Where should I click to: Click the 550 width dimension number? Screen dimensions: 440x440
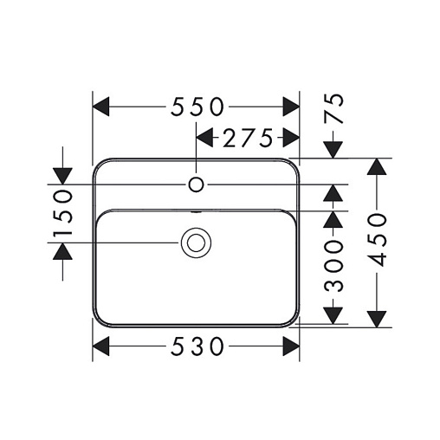click(197, 107)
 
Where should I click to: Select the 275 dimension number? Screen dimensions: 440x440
click(248, 138)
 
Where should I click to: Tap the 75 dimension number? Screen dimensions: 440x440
click(333, 108)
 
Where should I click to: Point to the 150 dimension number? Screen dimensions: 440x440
click(62, 212)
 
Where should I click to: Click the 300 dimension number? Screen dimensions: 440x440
click(333, 266)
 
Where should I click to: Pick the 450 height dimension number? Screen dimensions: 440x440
click(377, 240)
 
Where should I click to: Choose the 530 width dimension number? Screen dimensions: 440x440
click(197, 346)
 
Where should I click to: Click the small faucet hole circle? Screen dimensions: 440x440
click(197, 184)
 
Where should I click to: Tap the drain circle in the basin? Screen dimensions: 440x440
click(196, 243)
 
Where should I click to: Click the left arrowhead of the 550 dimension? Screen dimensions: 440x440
click(100, 107)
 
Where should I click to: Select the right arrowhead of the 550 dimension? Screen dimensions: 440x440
click(291, 107)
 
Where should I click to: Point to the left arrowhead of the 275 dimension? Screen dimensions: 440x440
click(204, 138)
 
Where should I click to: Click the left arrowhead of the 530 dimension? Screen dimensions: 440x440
click(100, 346)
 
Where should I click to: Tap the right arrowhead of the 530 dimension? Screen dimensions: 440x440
click(291, 346)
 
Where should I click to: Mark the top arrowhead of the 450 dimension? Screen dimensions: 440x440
click(377, 166)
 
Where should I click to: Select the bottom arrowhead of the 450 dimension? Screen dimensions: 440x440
click(377, 320)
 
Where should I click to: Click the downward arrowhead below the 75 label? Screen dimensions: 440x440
click(333, 150)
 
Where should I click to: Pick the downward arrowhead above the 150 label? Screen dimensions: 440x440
click(62, 176)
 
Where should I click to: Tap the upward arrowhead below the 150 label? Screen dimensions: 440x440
click(62, 251)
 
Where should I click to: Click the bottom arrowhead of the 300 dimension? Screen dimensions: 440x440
click(333, 316)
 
